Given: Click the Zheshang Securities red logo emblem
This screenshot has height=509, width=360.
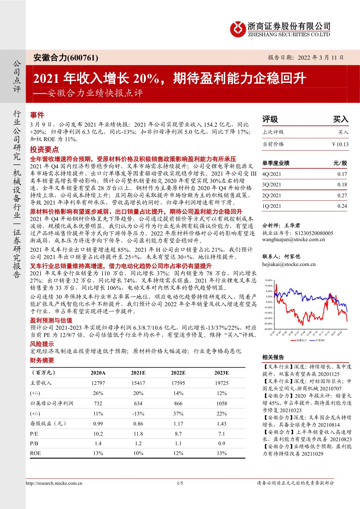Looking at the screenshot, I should pyautogui.click(x=238, y=29).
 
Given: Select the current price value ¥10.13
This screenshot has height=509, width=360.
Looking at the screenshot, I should pyautogui.click(x=340, y=144).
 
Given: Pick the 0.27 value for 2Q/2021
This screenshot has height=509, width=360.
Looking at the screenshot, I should pyautogui.click(x=342, y=196).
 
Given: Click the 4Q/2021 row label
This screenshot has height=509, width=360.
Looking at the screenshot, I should pyautogui.click(x=271, y=174).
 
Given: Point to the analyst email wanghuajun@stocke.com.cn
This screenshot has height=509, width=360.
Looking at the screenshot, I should pyautogui.click(x=294, y=240).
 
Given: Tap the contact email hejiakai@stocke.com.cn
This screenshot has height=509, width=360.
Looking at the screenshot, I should pyautogui.click(x=289, y=264).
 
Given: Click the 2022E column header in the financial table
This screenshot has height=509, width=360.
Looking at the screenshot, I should pyautogui.click(x=178, y=373).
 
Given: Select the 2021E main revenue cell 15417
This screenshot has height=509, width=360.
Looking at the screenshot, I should pyautogui.click(x=138, y=383).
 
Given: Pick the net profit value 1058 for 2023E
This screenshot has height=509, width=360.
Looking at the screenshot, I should pyautogui.click(x=222, y=403).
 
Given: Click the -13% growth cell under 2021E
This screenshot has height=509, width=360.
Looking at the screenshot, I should pyautogui.click(x=138, y=413).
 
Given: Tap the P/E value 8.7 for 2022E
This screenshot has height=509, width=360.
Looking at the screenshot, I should pyautogui.click(x=178, y=434).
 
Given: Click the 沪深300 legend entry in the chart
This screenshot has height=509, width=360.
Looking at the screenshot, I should pyautogui.click(x=319, y=340).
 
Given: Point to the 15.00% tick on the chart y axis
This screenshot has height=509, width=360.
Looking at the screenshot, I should pyautogui.click(x=268, y=280).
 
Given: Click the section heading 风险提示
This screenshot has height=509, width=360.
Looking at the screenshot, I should pyautogui.click(x=42, y=344).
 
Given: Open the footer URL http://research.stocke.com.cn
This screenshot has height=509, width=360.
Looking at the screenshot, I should pyautogui.click(x=54, y=483).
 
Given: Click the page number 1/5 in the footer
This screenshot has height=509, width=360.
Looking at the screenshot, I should pyautogui.click(x=180, y=483).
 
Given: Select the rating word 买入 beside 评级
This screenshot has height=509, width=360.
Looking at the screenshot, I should pyautogui.click(x=341, y=119).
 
